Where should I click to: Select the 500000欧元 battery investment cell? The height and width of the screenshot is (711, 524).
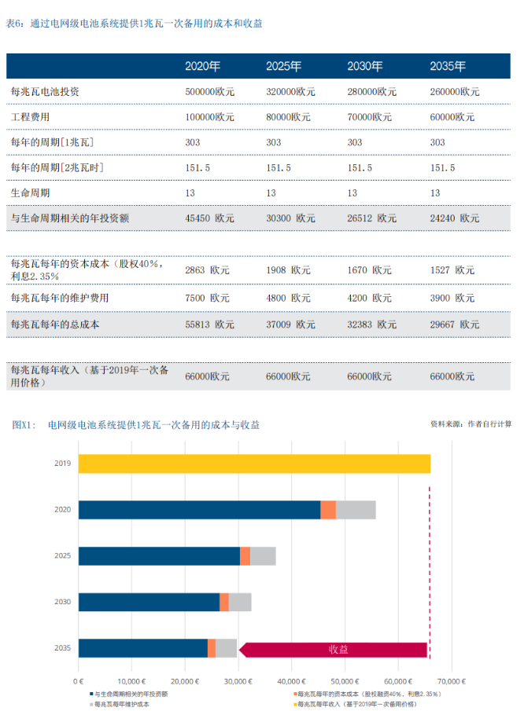click(209, 92)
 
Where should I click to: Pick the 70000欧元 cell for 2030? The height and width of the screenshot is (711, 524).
click(369, 117)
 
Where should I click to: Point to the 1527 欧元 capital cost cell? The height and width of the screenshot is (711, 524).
click(452, 270)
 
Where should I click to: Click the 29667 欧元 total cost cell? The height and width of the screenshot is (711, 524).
click(454, 324)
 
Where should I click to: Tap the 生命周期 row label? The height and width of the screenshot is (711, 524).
click(30, 192)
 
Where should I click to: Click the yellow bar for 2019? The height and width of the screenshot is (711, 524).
click(253, 464)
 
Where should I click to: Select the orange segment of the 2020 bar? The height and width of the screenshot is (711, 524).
click(328, 510)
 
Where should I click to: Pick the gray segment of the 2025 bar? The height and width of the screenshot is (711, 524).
click(263, 555)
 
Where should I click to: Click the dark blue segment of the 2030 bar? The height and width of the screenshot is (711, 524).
click(149, 602)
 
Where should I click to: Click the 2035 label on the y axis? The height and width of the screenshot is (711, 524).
click(63, 648)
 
